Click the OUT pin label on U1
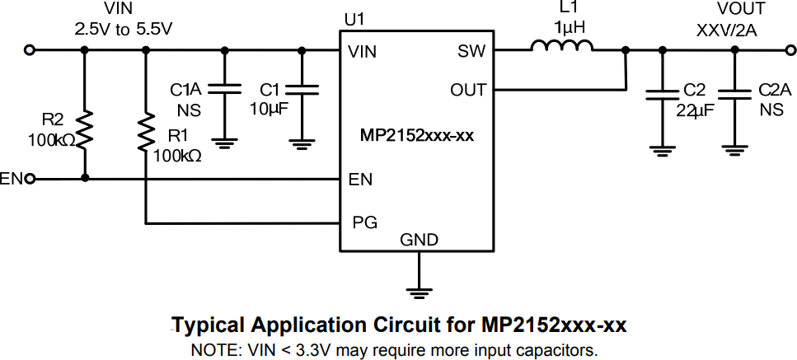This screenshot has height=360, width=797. pyautogui.click(x=467, y=90)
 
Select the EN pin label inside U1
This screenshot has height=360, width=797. pyautogui.click(x=359, y=179)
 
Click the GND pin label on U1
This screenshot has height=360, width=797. pyautogui.click(x=419, y=241)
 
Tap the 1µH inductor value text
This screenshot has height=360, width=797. pyautogui.click(x=569, y=27)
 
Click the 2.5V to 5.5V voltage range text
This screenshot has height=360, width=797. pyautogui.click(x=124, y=29)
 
